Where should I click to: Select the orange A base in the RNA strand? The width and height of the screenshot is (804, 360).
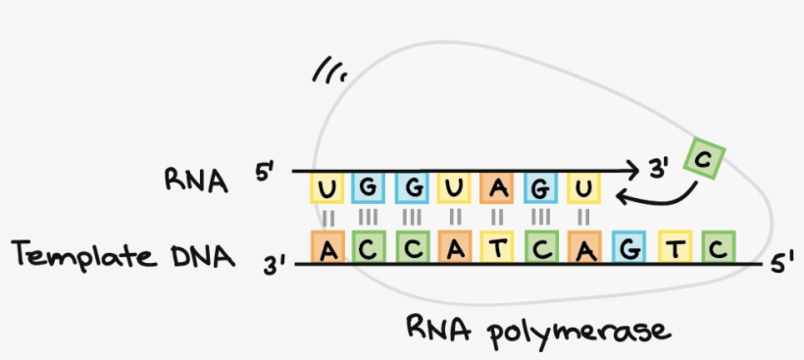pos(497,187)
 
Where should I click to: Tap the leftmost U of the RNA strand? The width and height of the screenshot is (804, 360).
pos(327,187)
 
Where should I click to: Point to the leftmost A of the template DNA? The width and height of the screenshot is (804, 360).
pos(327,249)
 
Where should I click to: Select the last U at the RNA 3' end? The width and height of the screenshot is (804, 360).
pos(582,187)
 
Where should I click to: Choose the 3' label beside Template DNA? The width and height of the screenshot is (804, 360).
pos(277,263)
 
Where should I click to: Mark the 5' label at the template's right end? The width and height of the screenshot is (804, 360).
pos(781,262)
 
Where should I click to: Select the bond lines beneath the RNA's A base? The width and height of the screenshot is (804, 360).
pos(497,215)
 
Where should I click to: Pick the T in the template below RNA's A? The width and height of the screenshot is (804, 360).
pos(497,249)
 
